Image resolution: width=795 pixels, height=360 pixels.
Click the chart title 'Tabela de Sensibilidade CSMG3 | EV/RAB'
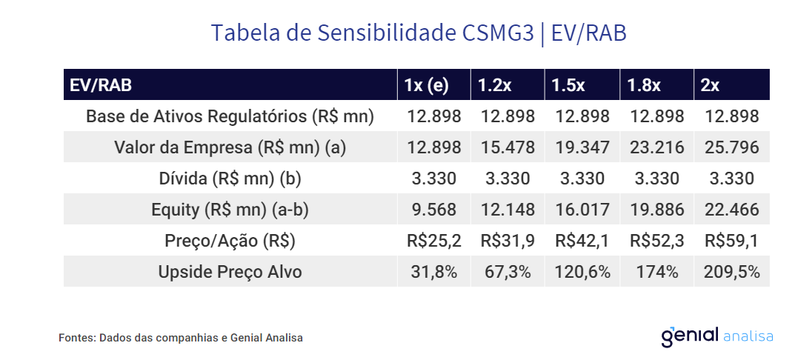click(x=419, y=33)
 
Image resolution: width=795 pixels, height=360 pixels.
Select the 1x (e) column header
click(x=427, y=85)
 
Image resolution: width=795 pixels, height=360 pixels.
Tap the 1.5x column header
click(x=568, y=85)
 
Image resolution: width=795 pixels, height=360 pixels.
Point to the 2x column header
click(x=711, y=85)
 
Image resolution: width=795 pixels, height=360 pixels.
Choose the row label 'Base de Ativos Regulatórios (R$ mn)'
click(x=230, y=116)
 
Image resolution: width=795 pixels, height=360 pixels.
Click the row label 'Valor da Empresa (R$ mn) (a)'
click(x=230, y=147)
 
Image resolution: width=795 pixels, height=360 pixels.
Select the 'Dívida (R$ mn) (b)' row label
click(x=230, y=179)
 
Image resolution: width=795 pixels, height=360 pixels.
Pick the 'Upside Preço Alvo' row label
click(x=230, y=272)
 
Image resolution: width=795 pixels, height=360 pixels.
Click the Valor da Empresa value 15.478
click(x=508, y=147)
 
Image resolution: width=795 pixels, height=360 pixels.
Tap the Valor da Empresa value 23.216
click(x=656, y=147)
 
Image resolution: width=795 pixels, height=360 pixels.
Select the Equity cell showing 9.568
click(x=434, y=210)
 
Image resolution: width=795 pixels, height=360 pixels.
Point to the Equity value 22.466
click(x=732, y=210)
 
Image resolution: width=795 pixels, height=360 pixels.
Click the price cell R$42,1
click(x=582, y=241)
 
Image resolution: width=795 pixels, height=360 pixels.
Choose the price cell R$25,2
click(x=434, y=241)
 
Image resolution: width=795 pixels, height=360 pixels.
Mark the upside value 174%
click(x=656, y=272)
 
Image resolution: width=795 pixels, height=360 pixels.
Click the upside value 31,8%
click(x=434, y=272)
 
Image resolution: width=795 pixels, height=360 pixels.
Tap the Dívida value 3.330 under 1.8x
click(x=656, y=179)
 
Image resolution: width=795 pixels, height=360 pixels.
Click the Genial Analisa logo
click(x=716, y=336)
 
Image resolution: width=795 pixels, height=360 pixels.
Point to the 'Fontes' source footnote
click(x=181, y=338)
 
